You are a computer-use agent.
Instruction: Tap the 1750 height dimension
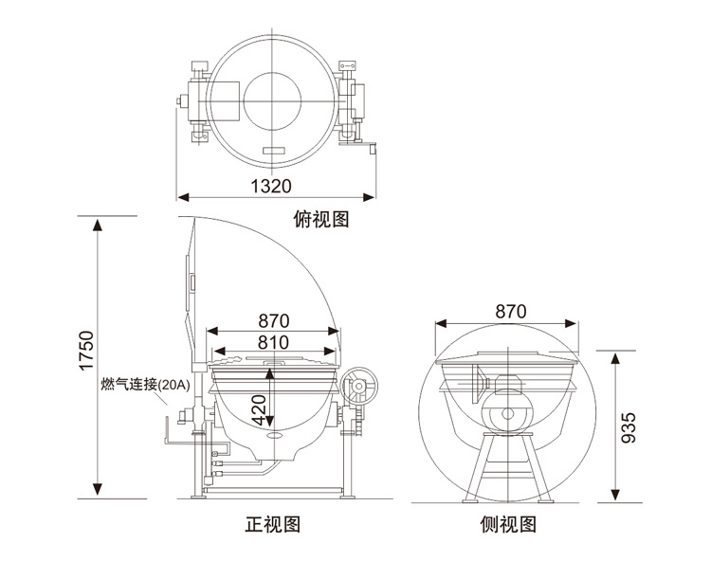pos(86,352)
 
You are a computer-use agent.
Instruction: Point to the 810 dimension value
pos(273,342)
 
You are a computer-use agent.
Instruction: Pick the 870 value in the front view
pos(273,320)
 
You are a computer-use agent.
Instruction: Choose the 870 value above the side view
pos(510,311)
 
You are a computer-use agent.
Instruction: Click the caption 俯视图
pos(322,220)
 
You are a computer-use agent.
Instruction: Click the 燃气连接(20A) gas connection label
pos(146,385)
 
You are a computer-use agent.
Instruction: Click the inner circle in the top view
pos(276,100)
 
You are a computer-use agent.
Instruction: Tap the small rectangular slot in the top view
pos(273,152)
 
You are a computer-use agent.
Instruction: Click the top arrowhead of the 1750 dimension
pos(98,224)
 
